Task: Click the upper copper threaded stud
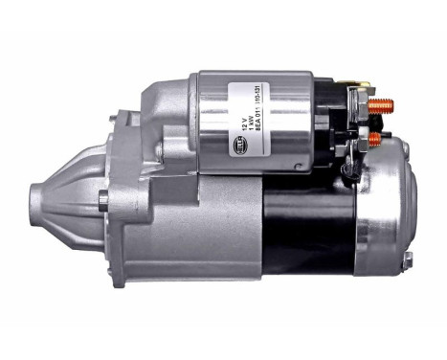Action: point(382,104)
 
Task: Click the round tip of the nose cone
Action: point(36,201)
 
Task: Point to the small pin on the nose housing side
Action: point(103,200)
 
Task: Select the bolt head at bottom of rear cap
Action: point(407,259)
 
